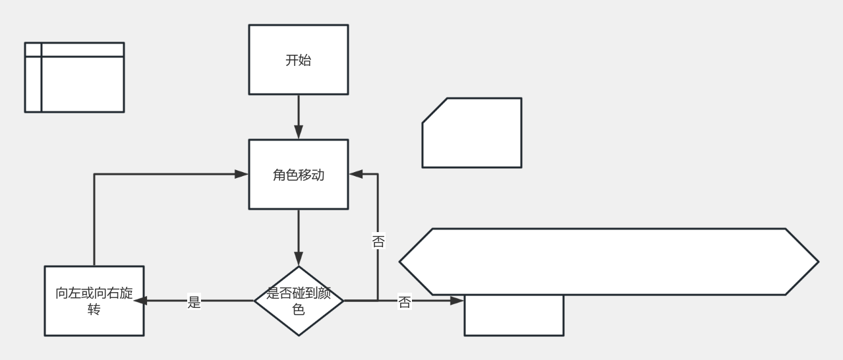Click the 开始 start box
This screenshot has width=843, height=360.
(298, 59)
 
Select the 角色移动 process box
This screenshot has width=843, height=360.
(298, 175)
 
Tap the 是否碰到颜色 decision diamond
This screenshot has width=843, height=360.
(299, 301)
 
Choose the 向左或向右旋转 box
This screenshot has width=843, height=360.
(94, 301)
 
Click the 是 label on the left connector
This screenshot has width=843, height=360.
(194, 303)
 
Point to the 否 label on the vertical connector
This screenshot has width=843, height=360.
(378, 241)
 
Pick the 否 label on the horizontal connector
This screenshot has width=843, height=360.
(405, 303)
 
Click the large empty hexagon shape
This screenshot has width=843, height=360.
(608, 261)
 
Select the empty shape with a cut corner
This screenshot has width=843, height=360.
(472, 133)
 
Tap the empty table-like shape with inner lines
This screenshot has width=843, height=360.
(74, 77)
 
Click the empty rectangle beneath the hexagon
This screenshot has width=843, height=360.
(513, 316)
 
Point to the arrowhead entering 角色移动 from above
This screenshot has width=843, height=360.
(299, 132)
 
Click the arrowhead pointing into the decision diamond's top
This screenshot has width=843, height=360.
(299, 258)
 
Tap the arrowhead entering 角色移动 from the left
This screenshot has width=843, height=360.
(241, 174)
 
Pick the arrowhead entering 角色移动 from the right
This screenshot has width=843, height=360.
(356, 174)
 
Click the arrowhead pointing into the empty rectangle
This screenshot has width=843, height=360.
(457, 301)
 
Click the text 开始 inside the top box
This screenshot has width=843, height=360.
(298, 61)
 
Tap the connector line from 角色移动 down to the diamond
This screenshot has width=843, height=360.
(299, 231)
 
